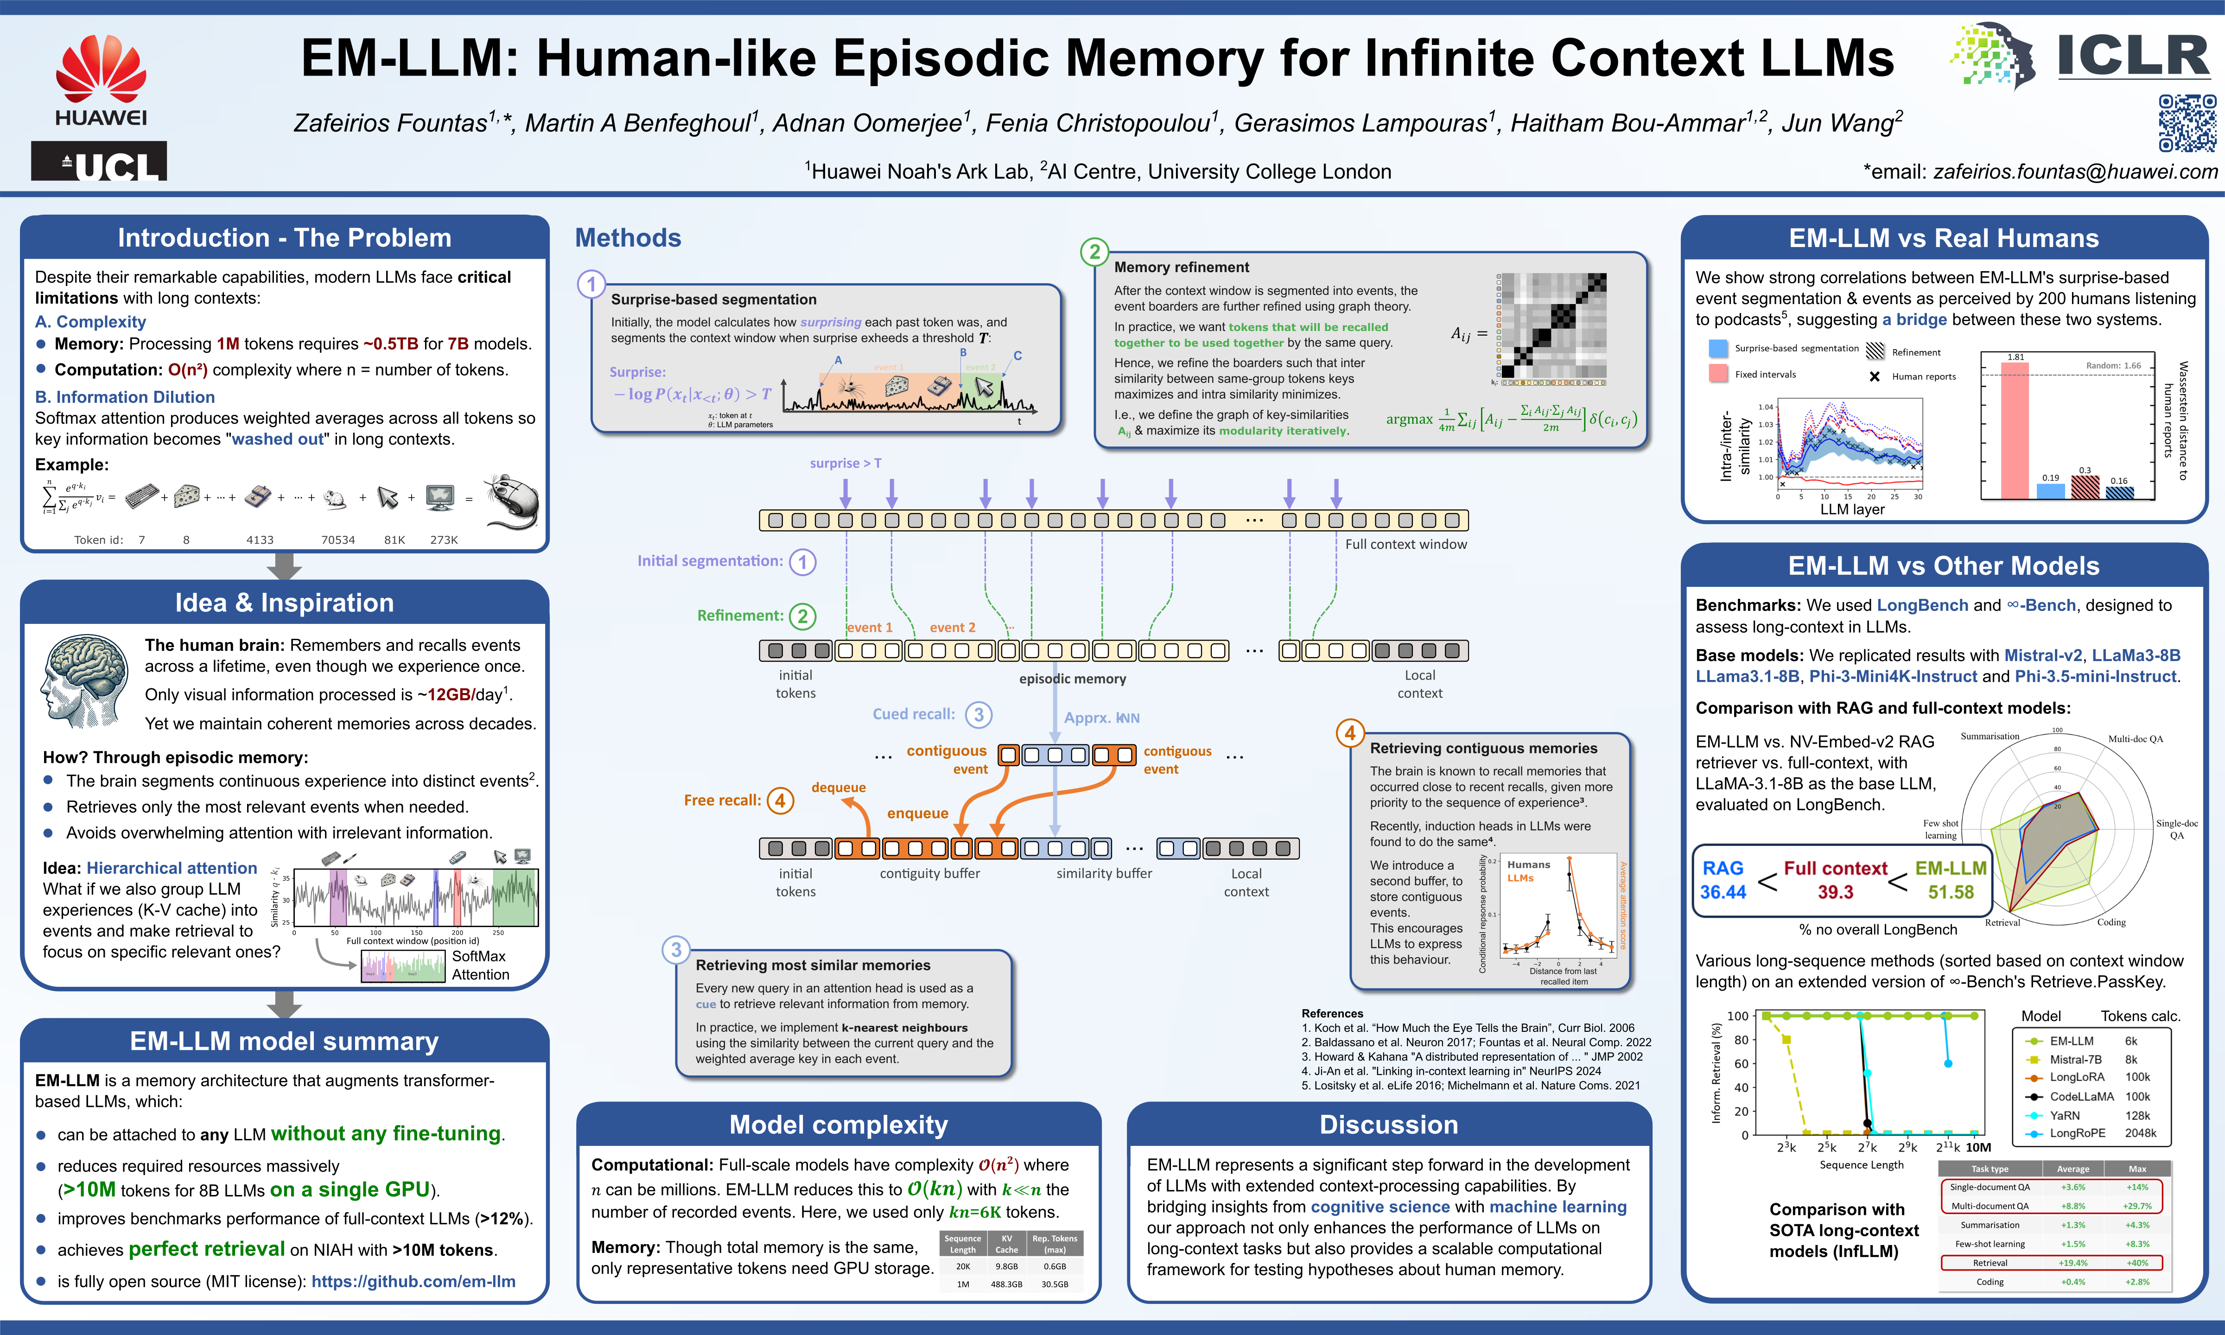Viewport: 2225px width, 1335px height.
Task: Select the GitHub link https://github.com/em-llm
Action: click(x=413, y=1281)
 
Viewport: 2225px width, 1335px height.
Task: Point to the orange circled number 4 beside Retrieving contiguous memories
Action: click(x=1349, y=733)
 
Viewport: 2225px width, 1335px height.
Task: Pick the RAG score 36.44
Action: click(x=1722, y=891)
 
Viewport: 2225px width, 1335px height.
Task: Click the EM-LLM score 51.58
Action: click(x=1951, y=891)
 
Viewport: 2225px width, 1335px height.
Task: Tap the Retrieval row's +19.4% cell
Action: click(x=2073, y=1263)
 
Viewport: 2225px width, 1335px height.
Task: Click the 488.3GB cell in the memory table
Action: click(x=1006, y=1284)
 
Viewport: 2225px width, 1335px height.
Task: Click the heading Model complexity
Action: click(x=838, y=1125)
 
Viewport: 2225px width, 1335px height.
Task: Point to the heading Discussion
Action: click(x=1389, y=1125)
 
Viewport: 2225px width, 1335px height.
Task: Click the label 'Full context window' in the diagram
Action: click(x=1405, y=544)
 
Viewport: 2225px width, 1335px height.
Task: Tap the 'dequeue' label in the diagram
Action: click(x=838, y=787)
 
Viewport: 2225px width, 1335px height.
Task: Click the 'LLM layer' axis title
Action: click(x=1852, y=509)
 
